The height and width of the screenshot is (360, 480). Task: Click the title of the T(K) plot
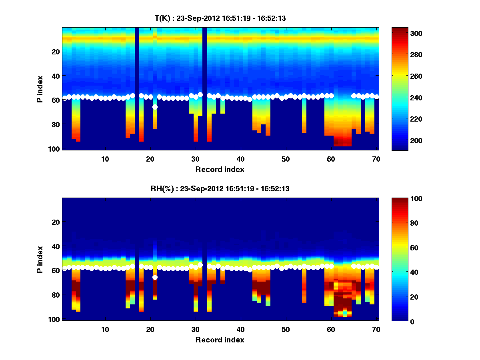[x=220, y=18]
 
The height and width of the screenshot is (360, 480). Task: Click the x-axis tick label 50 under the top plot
[x=285, y=159]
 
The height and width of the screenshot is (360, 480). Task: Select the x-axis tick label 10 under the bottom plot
[x=105, y=329]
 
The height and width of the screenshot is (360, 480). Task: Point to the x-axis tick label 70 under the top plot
[x=376, y=159]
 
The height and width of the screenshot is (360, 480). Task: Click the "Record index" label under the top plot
[x=220, y=169]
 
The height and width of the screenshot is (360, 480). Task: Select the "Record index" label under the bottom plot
[x=220, y=340]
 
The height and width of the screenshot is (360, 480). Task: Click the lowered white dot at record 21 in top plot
[x=155, y=107]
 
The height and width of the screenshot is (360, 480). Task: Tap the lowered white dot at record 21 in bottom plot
[x=155, y=277]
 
